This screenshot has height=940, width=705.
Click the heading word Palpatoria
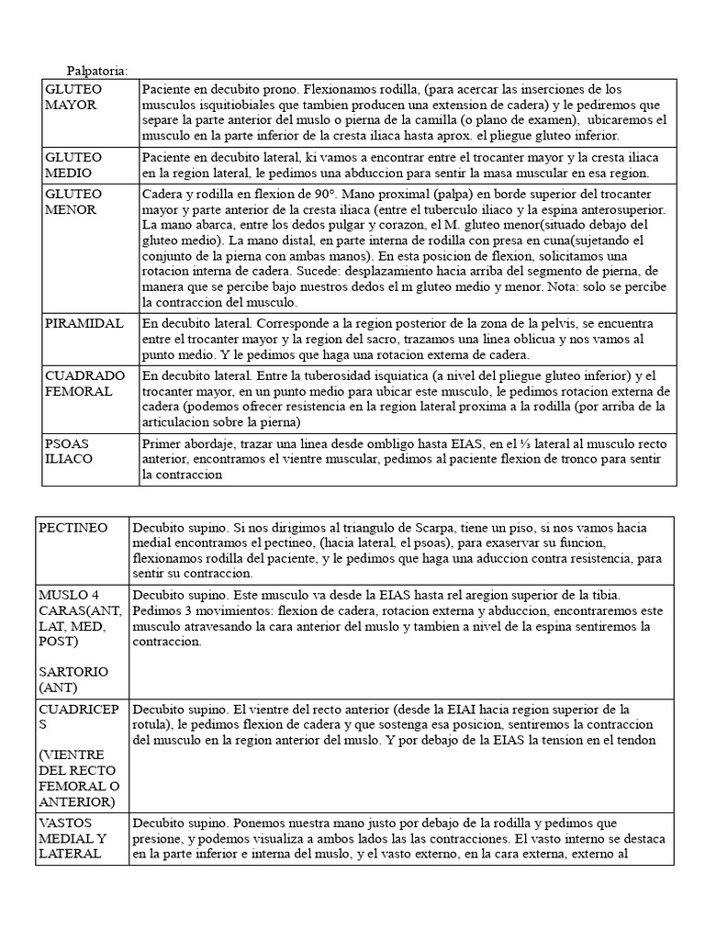click(97, 71)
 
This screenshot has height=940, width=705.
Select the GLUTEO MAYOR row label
click(74, 96)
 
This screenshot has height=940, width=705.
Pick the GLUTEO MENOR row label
click(74, 202)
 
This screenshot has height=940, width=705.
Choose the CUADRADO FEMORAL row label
click(84, 383)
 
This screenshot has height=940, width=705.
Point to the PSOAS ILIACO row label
click(70, 450)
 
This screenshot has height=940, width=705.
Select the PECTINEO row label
click(73, 528)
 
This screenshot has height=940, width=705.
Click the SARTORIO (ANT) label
click(73, 679)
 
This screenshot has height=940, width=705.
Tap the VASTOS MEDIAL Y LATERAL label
click(73, 838)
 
